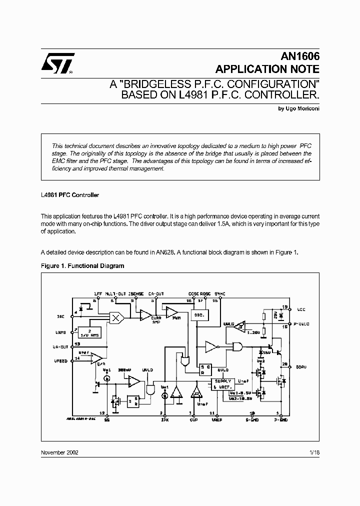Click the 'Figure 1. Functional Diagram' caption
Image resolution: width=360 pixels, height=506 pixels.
point(82,266)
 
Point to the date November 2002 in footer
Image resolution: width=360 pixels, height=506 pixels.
point(59,452)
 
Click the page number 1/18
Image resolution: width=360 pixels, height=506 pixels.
point(314,452)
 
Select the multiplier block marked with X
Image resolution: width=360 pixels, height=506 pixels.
point(117,316)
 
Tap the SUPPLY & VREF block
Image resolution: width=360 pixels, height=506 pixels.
point(223,383)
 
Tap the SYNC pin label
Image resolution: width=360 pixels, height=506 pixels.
point(220,294)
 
